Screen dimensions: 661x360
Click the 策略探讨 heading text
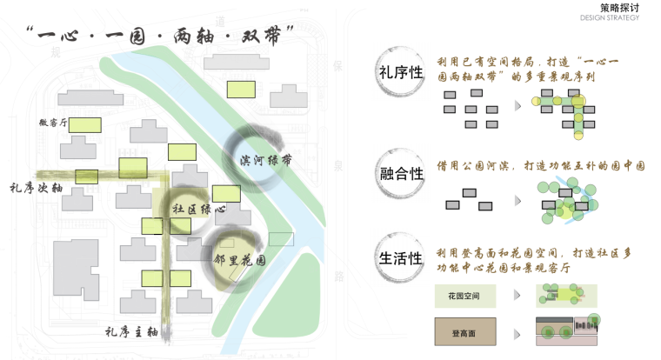click(619, 7)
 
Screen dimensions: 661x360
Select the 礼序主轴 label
click(131, 330)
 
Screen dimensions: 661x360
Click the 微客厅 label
click(53, 123)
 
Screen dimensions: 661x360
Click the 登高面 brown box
click(469, 331)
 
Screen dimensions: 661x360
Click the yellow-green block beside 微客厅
click(84, 123)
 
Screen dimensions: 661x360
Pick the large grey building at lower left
click(76, 270)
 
